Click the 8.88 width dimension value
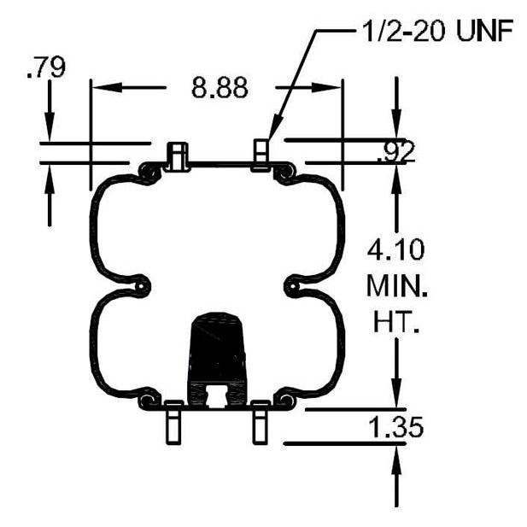pyautogui.click(x=220, y=88)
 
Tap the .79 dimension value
pyautogui.click(x=46, y=67)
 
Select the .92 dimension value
pyautogui.click(x=396, y=151)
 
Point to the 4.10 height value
pyautogui.click(x=395, y=249)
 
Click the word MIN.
pyautogui.click(x=397, y=285)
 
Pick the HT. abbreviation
pyautogui.click(x=396, y=321)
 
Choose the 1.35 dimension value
pyautogui.click(x=396, y=427)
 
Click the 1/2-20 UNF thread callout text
pyautogui.click(x=438, y=31)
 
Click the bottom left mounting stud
pyautogui.click(x=174, y=423)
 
